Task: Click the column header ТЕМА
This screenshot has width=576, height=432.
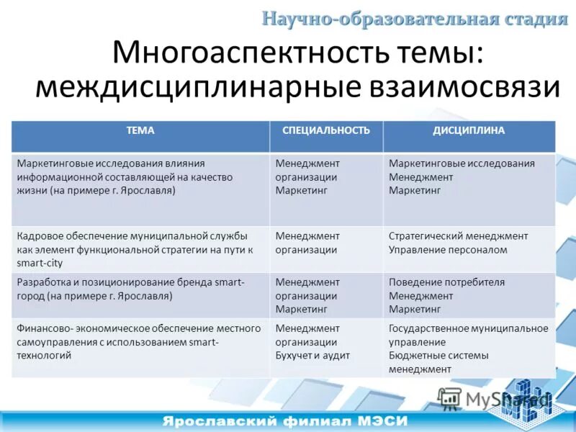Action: tap(140, 130)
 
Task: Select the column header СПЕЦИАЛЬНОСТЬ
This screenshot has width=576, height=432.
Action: tap(326, 130)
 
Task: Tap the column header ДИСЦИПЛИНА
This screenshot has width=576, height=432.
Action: tap(469, 130)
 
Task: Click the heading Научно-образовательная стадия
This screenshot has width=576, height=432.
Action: tap(414, 19)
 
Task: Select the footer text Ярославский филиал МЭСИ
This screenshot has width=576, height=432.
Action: tap(285, 420)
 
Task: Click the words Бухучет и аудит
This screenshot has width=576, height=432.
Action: tap(312, 356)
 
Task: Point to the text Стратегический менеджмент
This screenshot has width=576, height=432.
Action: tap(458, 236)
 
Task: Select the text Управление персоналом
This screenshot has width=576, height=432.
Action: tap(448, 250)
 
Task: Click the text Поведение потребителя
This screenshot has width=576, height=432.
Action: tap(446, 282)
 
